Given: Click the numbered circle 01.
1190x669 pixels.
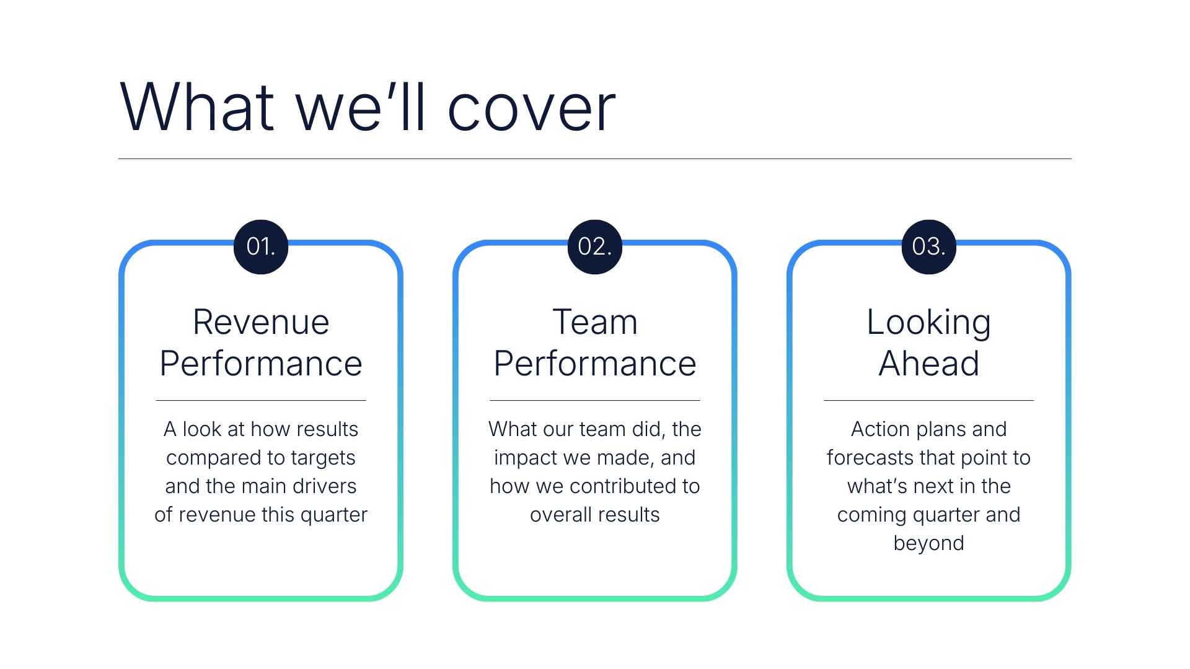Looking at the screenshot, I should pos(261,247).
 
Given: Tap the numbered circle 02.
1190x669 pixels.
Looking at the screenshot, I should pos(595,247).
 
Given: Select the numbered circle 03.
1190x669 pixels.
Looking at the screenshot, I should pos(928,247).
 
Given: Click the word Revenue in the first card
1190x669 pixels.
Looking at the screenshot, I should pos(261,322).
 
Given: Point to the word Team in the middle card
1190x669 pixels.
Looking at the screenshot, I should pos(595,322).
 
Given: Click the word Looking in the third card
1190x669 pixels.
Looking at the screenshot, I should pos(928,323).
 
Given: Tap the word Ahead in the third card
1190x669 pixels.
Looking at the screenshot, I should pos(928,364).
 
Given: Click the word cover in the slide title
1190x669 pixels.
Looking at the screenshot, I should pos(531,108).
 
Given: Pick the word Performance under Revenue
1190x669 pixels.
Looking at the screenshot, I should pos(261,364).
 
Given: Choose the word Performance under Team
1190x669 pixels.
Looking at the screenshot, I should pos(595,364).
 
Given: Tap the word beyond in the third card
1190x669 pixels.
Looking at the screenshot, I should pos(928,543).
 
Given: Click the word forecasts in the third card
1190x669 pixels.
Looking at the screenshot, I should pos(870,458).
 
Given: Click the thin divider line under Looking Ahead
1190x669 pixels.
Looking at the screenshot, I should pos(928,401).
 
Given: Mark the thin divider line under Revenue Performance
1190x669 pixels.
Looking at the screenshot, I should pos(261,401).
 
